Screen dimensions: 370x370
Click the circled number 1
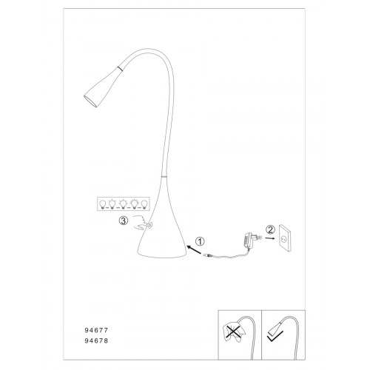pos(200,241)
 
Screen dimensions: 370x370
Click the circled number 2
pos(270,229)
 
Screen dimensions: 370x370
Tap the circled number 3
pos(124,221)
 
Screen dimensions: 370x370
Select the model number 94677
pos(96,330)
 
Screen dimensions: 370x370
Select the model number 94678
pos(96,340)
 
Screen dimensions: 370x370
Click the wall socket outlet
pos(285,238)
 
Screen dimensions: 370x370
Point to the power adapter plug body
pos(249,240)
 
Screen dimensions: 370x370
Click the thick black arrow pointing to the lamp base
pos(194,249)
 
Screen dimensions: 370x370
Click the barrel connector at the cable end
pos(207,255)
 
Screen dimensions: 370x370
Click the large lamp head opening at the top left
pos(90,101)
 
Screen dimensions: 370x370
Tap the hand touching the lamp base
pos(142,222)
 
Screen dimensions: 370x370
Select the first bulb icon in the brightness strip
pos(102,204)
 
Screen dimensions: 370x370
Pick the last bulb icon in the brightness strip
pos(144,204)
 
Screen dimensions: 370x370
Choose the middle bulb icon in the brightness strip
pos(123,203)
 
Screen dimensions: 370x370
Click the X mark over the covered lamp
pos(232,331)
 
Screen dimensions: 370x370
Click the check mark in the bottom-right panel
pos(275,336)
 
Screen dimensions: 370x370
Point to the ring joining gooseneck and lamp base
pos(164,176)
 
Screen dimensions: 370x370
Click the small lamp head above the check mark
pos(276,328)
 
